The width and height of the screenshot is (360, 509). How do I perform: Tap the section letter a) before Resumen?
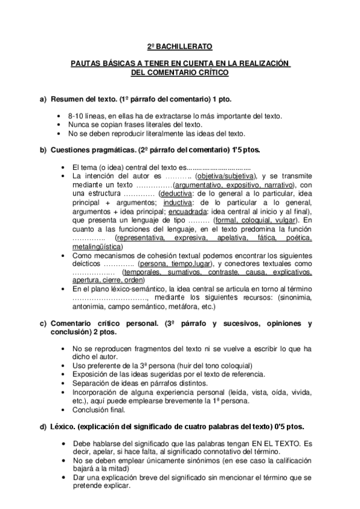point(43,98)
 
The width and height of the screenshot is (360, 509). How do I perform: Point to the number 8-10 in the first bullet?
point(76,116)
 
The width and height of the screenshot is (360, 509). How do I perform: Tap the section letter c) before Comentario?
point(43,324)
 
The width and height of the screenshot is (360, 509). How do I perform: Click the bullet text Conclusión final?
point(98,410)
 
